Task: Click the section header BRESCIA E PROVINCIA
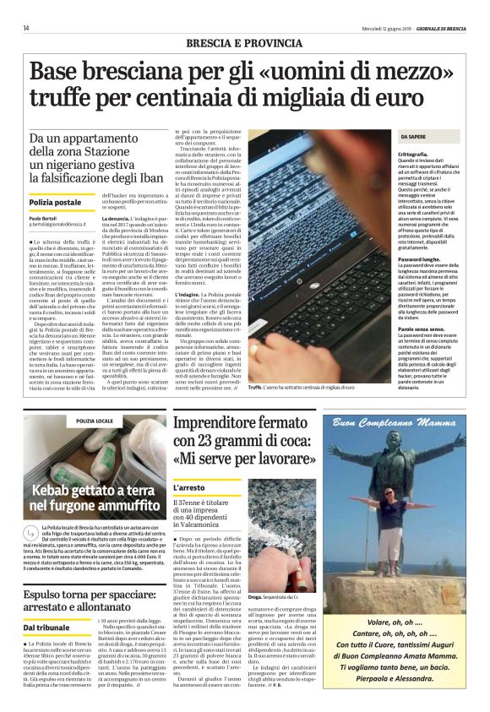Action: (x=244, y=42)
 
